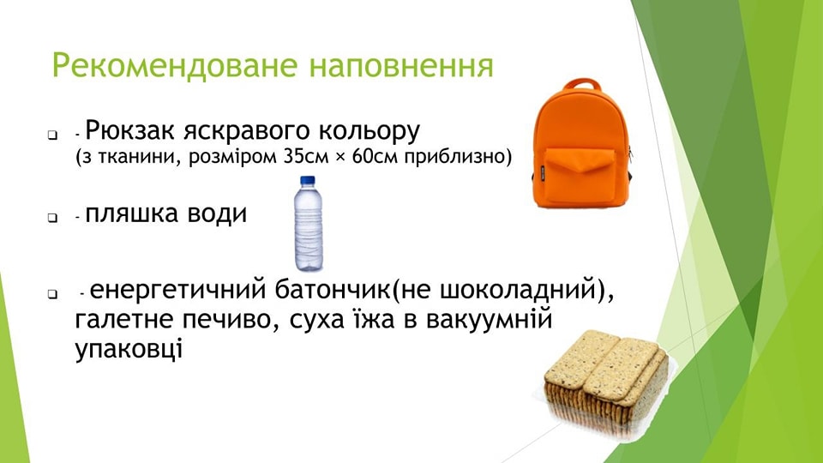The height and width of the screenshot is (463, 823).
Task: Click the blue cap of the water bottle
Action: click(307, 181)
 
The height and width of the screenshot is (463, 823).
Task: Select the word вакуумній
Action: click(489, 320)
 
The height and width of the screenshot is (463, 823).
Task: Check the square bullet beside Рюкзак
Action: click(52, 135)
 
